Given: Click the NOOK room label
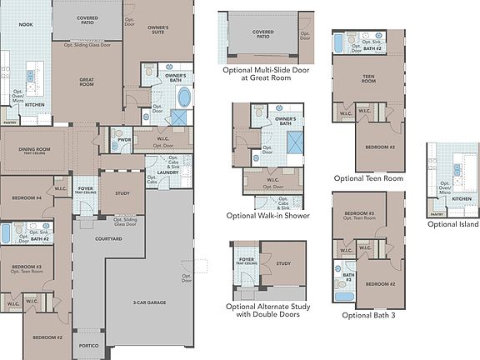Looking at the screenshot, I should (x=26, y=25).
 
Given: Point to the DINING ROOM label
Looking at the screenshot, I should (x=35, y=151).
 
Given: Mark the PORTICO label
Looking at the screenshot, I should (x=89, y=345).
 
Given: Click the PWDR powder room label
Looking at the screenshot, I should (x=124, y=140).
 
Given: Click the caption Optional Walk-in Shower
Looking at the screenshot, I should (x=267, y=216).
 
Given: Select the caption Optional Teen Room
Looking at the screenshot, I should (x=368, y=177).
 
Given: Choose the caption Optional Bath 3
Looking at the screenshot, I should (x=369, y=316).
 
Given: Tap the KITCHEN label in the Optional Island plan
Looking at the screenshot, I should (x=459, y=200).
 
